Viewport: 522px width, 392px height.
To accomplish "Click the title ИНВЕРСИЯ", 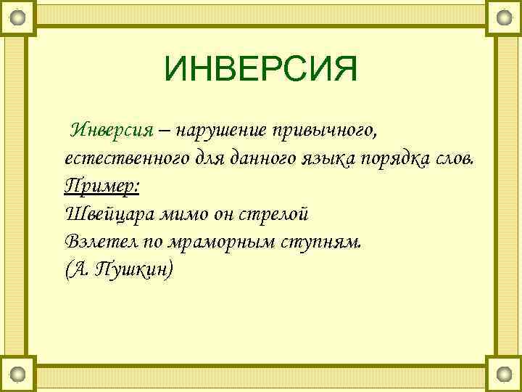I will (x=261, y=70).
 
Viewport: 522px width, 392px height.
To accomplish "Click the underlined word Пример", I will (x=101, y=187).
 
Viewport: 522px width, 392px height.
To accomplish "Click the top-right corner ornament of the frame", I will (x=504, y=16).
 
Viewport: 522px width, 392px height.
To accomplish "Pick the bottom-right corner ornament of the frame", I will (x=504, y=375).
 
